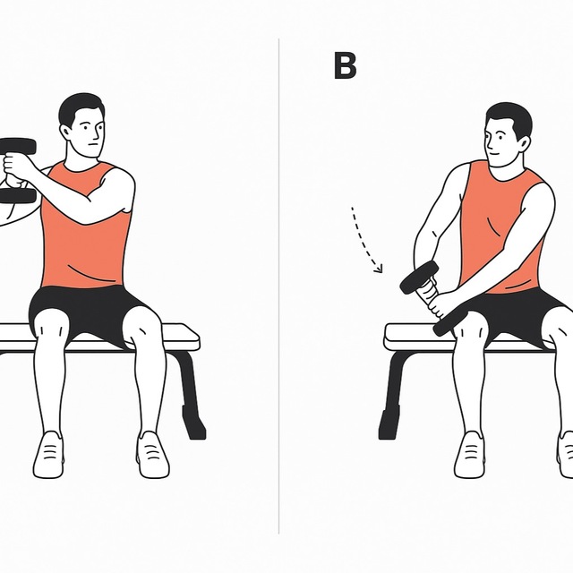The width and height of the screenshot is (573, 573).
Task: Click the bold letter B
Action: (x=345, y=66)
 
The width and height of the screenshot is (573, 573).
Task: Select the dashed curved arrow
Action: (x=366, y=238)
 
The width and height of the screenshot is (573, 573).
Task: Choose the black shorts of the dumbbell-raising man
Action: (x=90, y=309)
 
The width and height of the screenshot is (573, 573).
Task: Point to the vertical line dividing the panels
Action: (x=279, y=286)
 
